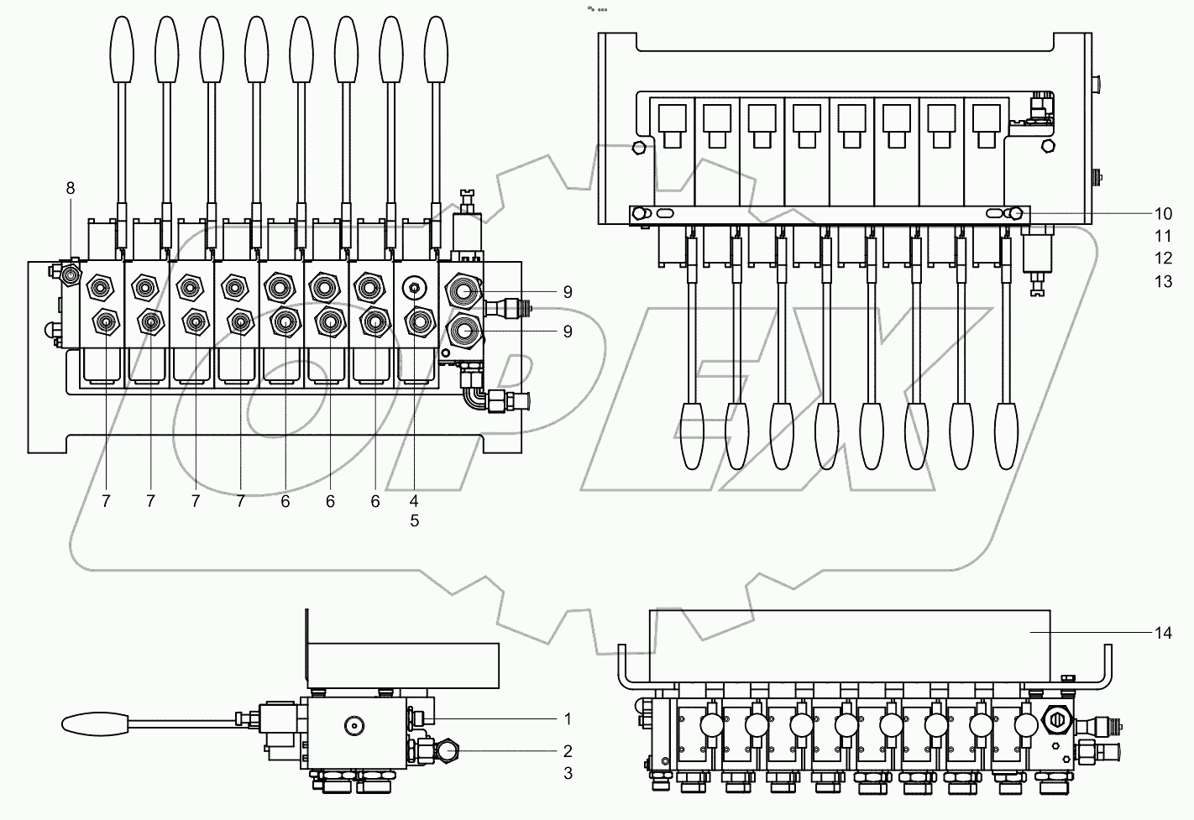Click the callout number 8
click(71, 189)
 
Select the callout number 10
click(1162, 214)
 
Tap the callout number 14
click(1162, 634)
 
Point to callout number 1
click(568, 719)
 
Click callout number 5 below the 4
click(414, 520)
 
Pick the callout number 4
click(414, 501)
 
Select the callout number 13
click(1162, 282)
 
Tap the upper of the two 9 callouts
click(568, 292)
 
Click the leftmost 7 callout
click(106, 501)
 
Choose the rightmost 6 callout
click(374, 501)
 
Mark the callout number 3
click(568, 773)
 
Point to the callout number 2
click(568, 751)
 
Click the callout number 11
click(1162, 237)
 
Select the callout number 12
click(1162, 259)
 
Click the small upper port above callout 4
click(414, 288)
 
